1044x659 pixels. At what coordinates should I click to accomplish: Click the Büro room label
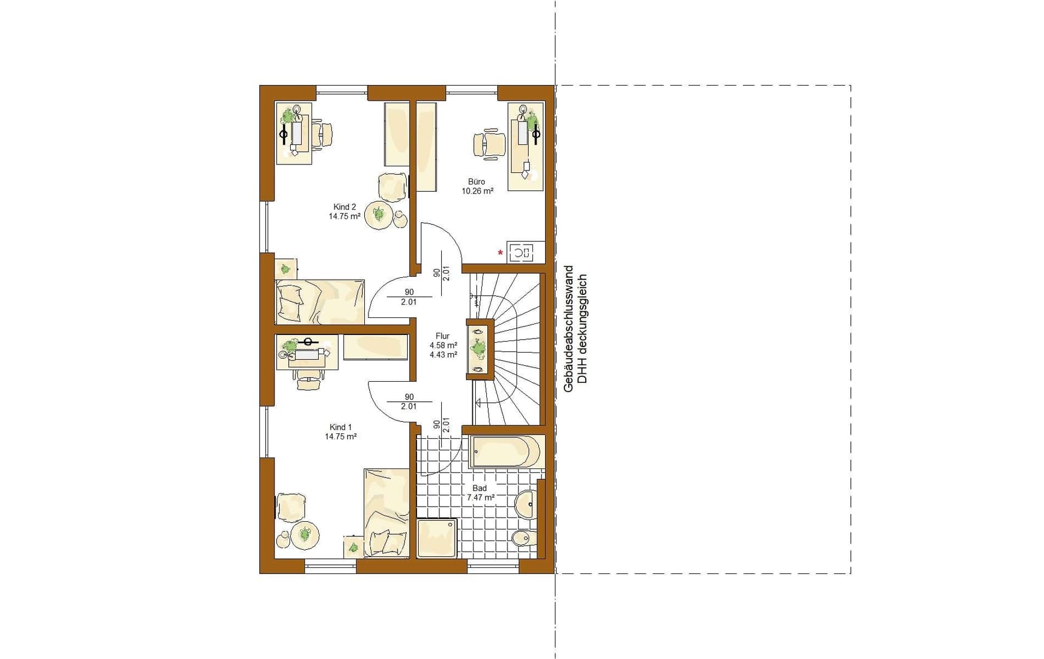[x=476, y=181]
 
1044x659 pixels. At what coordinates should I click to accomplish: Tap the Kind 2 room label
[x=345, y=207]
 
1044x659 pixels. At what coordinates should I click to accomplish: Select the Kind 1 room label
[x=341, y=427]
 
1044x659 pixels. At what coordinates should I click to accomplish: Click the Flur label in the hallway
[x=442, y=336]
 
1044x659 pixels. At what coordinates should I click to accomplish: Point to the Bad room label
[x=480, y=488]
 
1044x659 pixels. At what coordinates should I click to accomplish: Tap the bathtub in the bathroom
[x=504, y=451]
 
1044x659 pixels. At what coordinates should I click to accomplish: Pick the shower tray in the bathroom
[x=436, y=538]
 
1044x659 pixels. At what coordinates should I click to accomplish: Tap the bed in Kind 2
[x=320, y=302]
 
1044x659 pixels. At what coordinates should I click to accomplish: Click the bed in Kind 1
[x=387, y=513]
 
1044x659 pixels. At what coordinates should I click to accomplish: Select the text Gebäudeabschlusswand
[x=569, y=328]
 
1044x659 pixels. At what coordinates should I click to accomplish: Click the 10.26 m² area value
[x=477, y=191]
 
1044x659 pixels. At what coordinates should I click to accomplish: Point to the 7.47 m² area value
[x=480, y=498]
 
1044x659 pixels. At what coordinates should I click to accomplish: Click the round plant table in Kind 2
[x=378, y=215]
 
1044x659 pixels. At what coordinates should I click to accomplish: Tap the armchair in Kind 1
[x=291, y=507]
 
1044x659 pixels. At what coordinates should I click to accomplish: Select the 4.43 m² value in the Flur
[x=443, y=355]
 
